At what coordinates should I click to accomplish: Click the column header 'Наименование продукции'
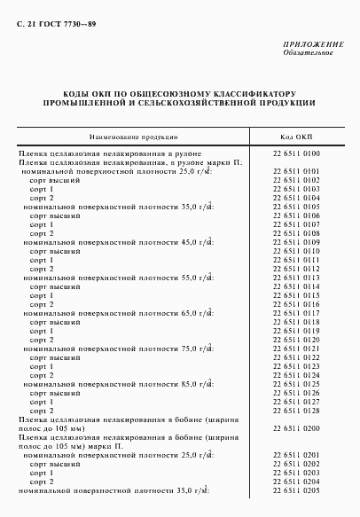click(132, 137)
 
